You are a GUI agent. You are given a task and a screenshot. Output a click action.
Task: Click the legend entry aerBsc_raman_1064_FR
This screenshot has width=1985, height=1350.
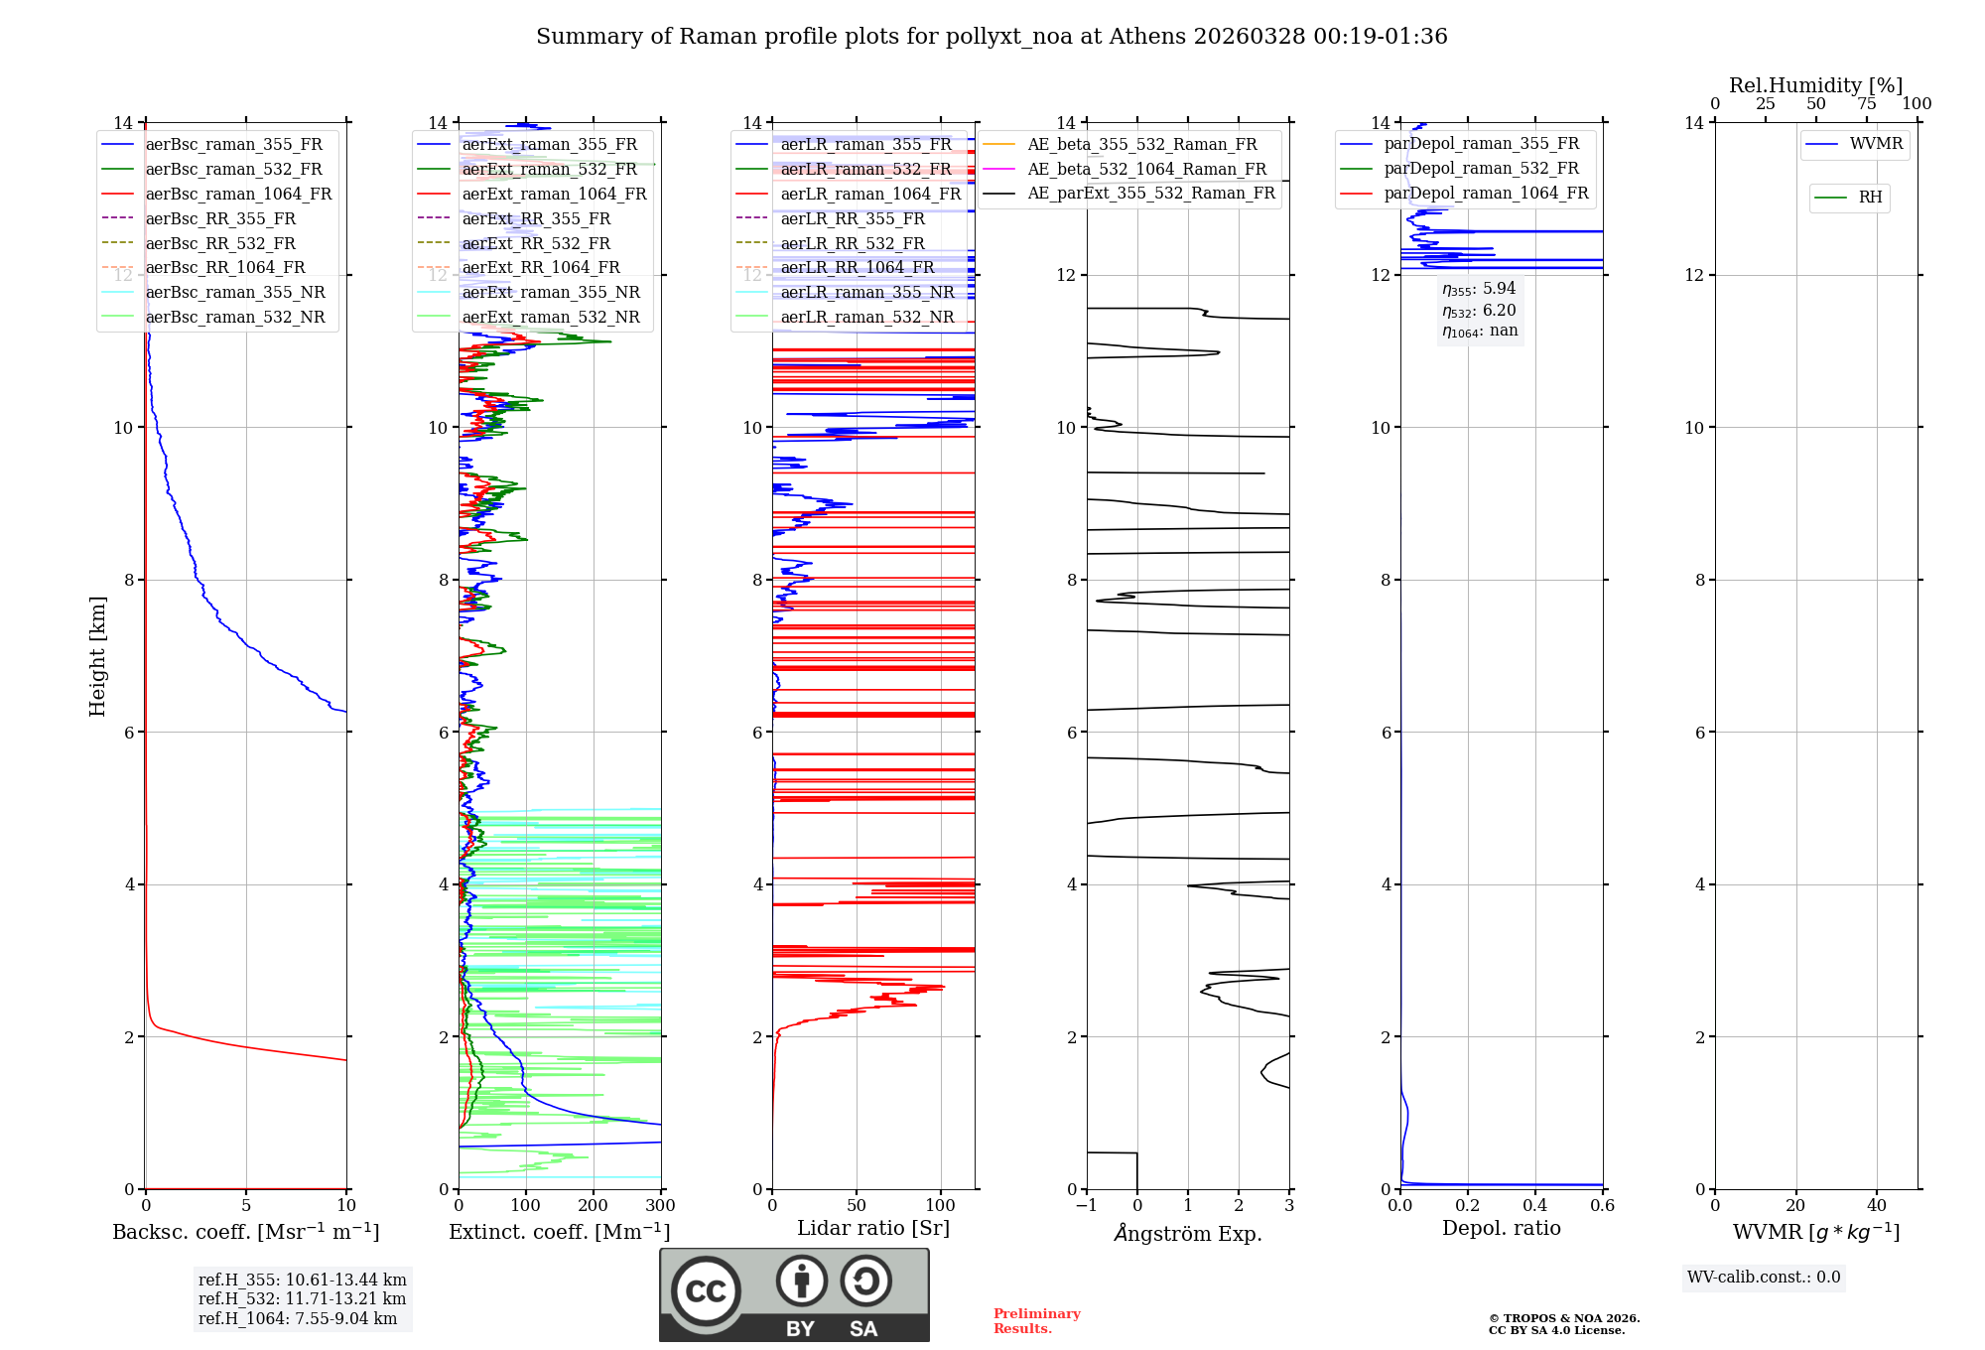click(x=238, y=194)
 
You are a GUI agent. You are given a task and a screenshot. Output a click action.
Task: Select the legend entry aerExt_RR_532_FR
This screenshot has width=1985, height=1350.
click(x=536, y=243)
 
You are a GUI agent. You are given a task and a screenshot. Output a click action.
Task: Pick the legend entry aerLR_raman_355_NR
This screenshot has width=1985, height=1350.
click(x=866, y=292)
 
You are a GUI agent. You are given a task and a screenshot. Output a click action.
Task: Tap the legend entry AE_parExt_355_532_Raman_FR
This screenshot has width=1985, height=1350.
click(x=1150, y=193)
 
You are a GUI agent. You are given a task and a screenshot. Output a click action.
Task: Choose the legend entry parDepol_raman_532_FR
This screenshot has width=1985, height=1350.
click(x=1481, y=168)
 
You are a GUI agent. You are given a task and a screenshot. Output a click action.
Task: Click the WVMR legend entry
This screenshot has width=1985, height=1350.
click(x=1876, y=144)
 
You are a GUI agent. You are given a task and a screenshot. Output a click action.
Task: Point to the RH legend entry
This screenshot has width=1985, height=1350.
click(x=1870, y=198)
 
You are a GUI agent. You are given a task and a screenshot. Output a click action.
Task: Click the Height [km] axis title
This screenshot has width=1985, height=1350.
click(x=97, y=656)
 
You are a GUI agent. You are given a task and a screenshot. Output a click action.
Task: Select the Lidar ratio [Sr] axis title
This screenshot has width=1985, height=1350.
click(x=873, y=1228)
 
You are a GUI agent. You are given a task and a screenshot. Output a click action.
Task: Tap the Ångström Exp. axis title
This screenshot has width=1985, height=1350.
click(x=1188, y=1233)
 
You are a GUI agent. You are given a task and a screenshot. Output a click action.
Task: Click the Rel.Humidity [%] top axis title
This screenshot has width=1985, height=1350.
click(x=1815, y=85)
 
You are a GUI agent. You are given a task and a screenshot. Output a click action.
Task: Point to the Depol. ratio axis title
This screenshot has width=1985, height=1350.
click(x=1501, y=1228)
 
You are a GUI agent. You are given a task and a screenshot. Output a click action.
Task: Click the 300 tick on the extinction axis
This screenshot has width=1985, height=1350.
click(x=660, y=1205)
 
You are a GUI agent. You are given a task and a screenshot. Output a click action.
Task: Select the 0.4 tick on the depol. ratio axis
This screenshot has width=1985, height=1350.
click(x=1534, y=1205)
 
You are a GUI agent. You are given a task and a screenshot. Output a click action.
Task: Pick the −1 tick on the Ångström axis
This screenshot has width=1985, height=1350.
click(x=1086, y=1205)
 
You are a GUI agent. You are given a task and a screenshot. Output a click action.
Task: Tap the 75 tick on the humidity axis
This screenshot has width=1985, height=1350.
click(x=1866, y=104)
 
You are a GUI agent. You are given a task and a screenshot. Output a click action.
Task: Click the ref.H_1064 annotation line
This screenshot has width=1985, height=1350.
click(x=298, y=1318)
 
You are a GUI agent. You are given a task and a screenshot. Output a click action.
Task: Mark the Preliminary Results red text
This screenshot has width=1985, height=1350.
click(x=1036, y=1321)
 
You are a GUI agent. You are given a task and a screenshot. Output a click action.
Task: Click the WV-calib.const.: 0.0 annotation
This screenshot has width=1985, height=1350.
click(x=1764, y=1278)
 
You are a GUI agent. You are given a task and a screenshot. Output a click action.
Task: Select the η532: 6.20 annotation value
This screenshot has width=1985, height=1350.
click(x=1479, y=310)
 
